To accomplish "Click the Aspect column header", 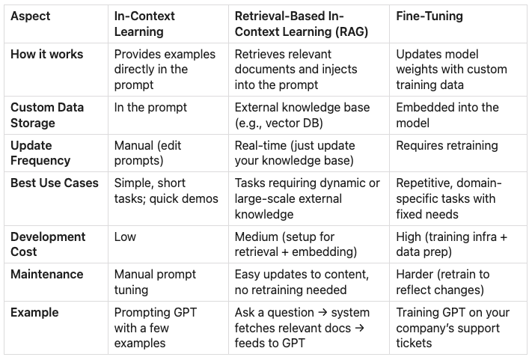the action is [x=30, y=16].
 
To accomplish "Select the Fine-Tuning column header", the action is [x=429, y=16].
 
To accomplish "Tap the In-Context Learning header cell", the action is [x=144, y=24].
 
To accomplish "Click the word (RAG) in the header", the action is [x=352, y=31].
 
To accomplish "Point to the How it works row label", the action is [x=47, y=55].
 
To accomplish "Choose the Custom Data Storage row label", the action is [x=47, y=115].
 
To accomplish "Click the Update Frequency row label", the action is [x=40, y=153].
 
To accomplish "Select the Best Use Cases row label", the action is [x=55, y=183].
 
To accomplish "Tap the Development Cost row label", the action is [x=48, y=244].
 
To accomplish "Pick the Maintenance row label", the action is [x=47, y=274].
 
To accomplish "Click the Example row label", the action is [x=34, y=313].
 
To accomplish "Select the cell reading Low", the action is [x=125, y=237].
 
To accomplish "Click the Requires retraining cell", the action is [x=447, y=145].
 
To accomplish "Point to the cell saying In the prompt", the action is [x=150, y=108].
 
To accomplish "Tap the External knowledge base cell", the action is [x=302, y=115].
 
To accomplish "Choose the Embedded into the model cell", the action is [x=447, y=115].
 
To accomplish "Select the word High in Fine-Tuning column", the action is [x=409, y=237].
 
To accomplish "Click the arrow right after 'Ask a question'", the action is [x=322, y=313].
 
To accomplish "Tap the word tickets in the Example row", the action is [x=414, y=343].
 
